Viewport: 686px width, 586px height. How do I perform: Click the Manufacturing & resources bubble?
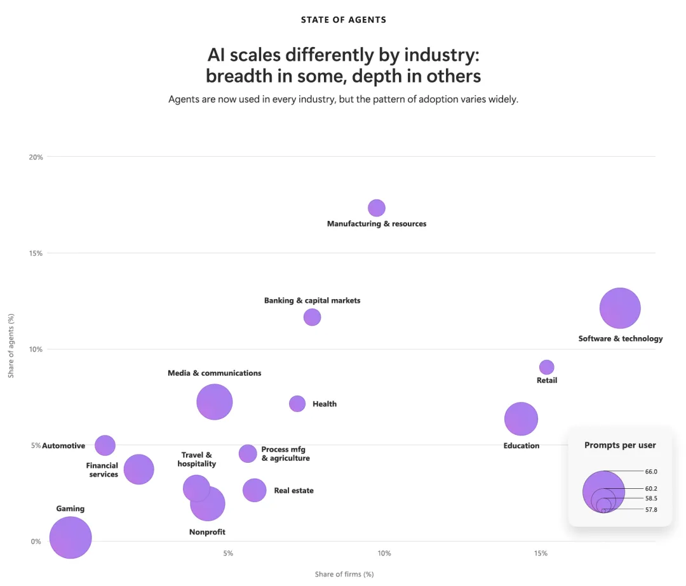[377, 208]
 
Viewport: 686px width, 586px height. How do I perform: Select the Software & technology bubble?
[620, 309]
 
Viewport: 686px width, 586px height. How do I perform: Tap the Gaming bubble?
[71, 538]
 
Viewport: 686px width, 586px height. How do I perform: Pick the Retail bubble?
[546, 368]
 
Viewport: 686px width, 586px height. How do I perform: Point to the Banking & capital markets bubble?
[312, 317]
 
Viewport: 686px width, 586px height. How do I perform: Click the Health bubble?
[297, 404]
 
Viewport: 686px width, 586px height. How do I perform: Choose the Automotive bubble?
[105, 446]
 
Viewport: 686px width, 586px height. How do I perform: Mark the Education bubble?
[521, 419]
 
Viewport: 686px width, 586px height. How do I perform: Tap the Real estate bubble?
[255, 490]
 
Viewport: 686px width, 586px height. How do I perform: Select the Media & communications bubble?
[215, 402]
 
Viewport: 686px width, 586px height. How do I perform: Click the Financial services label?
[102, 470]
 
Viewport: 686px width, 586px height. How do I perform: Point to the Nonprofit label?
[207, 532]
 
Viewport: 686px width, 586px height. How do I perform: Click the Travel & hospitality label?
[197, 459]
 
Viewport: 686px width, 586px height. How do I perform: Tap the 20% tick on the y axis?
[36, 157]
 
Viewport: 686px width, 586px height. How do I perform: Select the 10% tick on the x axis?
[384, 553]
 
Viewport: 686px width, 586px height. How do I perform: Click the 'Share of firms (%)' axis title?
[344, 574]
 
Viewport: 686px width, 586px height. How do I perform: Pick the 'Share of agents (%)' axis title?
[11, 345]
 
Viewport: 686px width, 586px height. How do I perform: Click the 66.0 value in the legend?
[651, 472]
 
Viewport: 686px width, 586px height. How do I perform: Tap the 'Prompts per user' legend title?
[620, 445]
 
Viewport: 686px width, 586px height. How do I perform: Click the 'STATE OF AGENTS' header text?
[344, 20]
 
